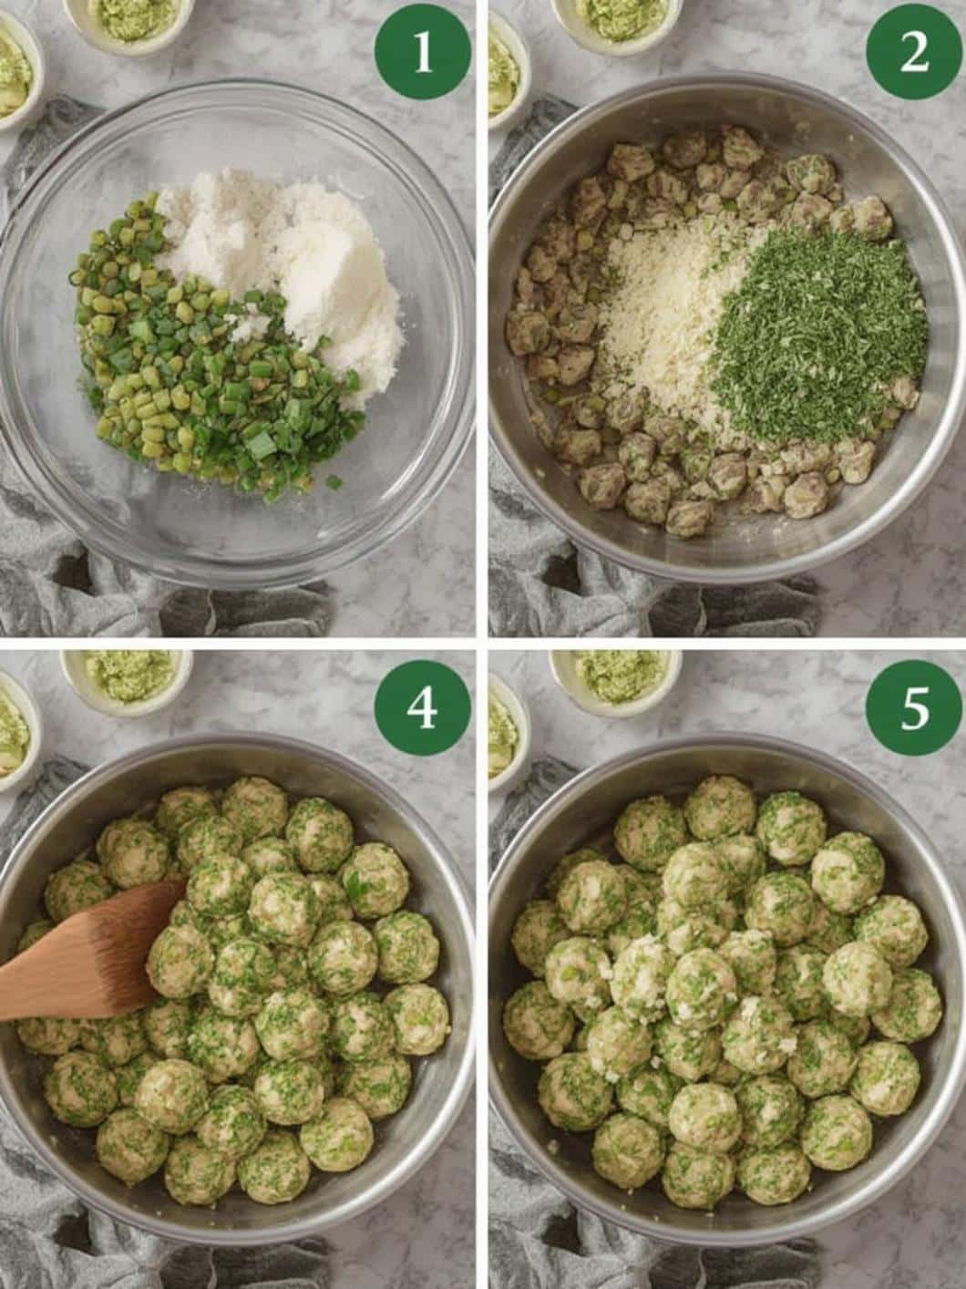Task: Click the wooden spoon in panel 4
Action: pyautogui.click(x=88, y=952)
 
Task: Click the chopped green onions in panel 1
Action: pyautogui.click(x=211, y=353)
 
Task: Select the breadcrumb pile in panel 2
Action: pyautogui.click(x=663, y=329)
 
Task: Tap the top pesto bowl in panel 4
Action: pyautogui.click(x=126, y=678)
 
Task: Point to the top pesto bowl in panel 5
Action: pyautogui.click(x=616, y=678)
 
